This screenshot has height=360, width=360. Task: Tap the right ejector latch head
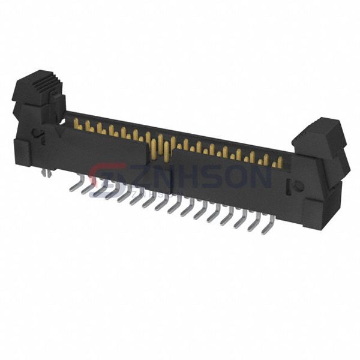(320, 133)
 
